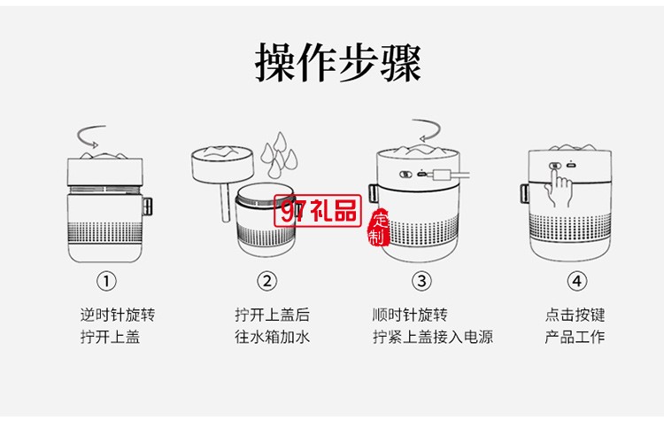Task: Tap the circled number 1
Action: (x=106, y=281)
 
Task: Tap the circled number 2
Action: (x=266, y=281)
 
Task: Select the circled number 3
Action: (x=422, y=281)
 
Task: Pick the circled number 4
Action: (x=576, y=281)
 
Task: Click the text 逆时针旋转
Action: (x=118, y=315)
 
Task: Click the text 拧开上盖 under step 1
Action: (x=110, y=337)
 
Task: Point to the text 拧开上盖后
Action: (x=272, y=315)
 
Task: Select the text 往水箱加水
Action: (x=272, y=337)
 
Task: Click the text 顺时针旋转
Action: (x=410, y=315)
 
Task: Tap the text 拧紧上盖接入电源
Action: (x=433, y=337)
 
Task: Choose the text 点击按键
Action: (x=575, y=315)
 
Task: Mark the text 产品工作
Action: (x=575, y=337)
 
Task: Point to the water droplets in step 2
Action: (x=282, y=152)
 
